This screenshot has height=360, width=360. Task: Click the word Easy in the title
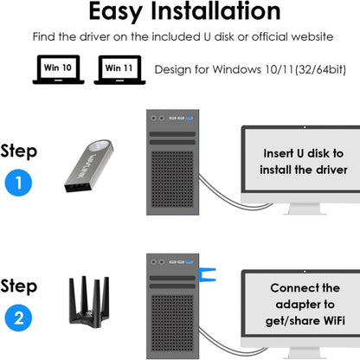[x=115, y=11]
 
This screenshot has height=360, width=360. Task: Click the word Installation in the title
[x=216, y=11]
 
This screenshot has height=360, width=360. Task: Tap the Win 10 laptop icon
[x=58, y=69]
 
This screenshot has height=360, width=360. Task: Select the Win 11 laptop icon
[x=119, y=70]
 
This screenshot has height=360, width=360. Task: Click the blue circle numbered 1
[x=18, y=183]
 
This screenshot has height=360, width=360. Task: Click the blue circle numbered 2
[x=18, y=318]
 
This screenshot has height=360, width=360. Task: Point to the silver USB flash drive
[x=89, y=166]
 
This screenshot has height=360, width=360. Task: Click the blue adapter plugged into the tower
[x=207, y=274]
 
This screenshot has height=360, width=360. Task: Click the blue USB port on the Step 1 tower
[x=190, y=119]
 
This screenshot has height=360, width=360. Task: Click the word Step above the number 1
[x=19, y=152]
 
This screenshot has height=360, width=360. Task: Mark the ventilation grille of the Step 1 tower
[x=172, y=179]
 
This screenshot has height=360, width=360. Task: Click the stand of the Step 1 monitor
[x=305, y=209]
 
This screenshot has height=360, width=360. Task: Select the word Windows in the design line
[x=237, y=69]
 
